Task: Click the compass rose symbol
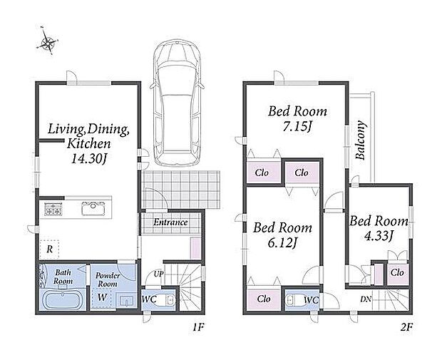coord(47,42)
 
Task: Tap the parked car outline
coord(177,103)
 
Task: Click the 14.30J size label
coord(89,159)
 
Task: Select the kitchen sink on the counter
coord(93,208)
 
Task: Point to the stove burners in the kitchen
coord(53,210)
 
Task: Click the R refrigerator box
coord(50,250)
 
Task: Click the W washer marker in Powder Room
coord(102,297)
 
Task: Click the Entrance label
coord(170,222)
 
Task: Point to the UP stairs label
coord(158,274)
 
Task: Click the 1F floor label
coord(198,327)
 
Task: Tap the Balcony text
coord(360,140)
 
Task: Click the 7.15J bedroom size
coord(298,127)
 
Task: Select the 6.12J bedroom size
coord(282,243)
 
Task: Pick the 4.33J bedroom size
coord(378,236)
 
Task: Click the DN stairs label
coord(366,299)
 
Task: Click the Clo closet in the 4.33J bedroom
coord(397,272)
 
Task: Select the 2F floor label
coord(406,327)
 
